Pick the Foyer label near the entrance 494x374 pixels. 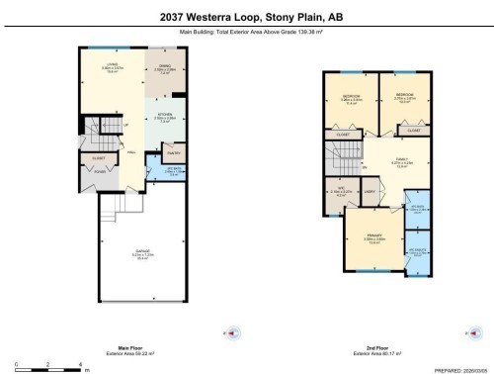pos(99,169)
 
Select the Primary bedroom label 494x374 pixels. pos(372,237)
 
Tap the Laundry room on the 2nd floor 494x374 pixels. pos(369,191)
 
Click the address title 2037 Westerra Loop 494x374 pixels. pos(247,16)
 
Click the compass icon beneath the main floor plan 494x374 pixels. pos(230,333)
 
